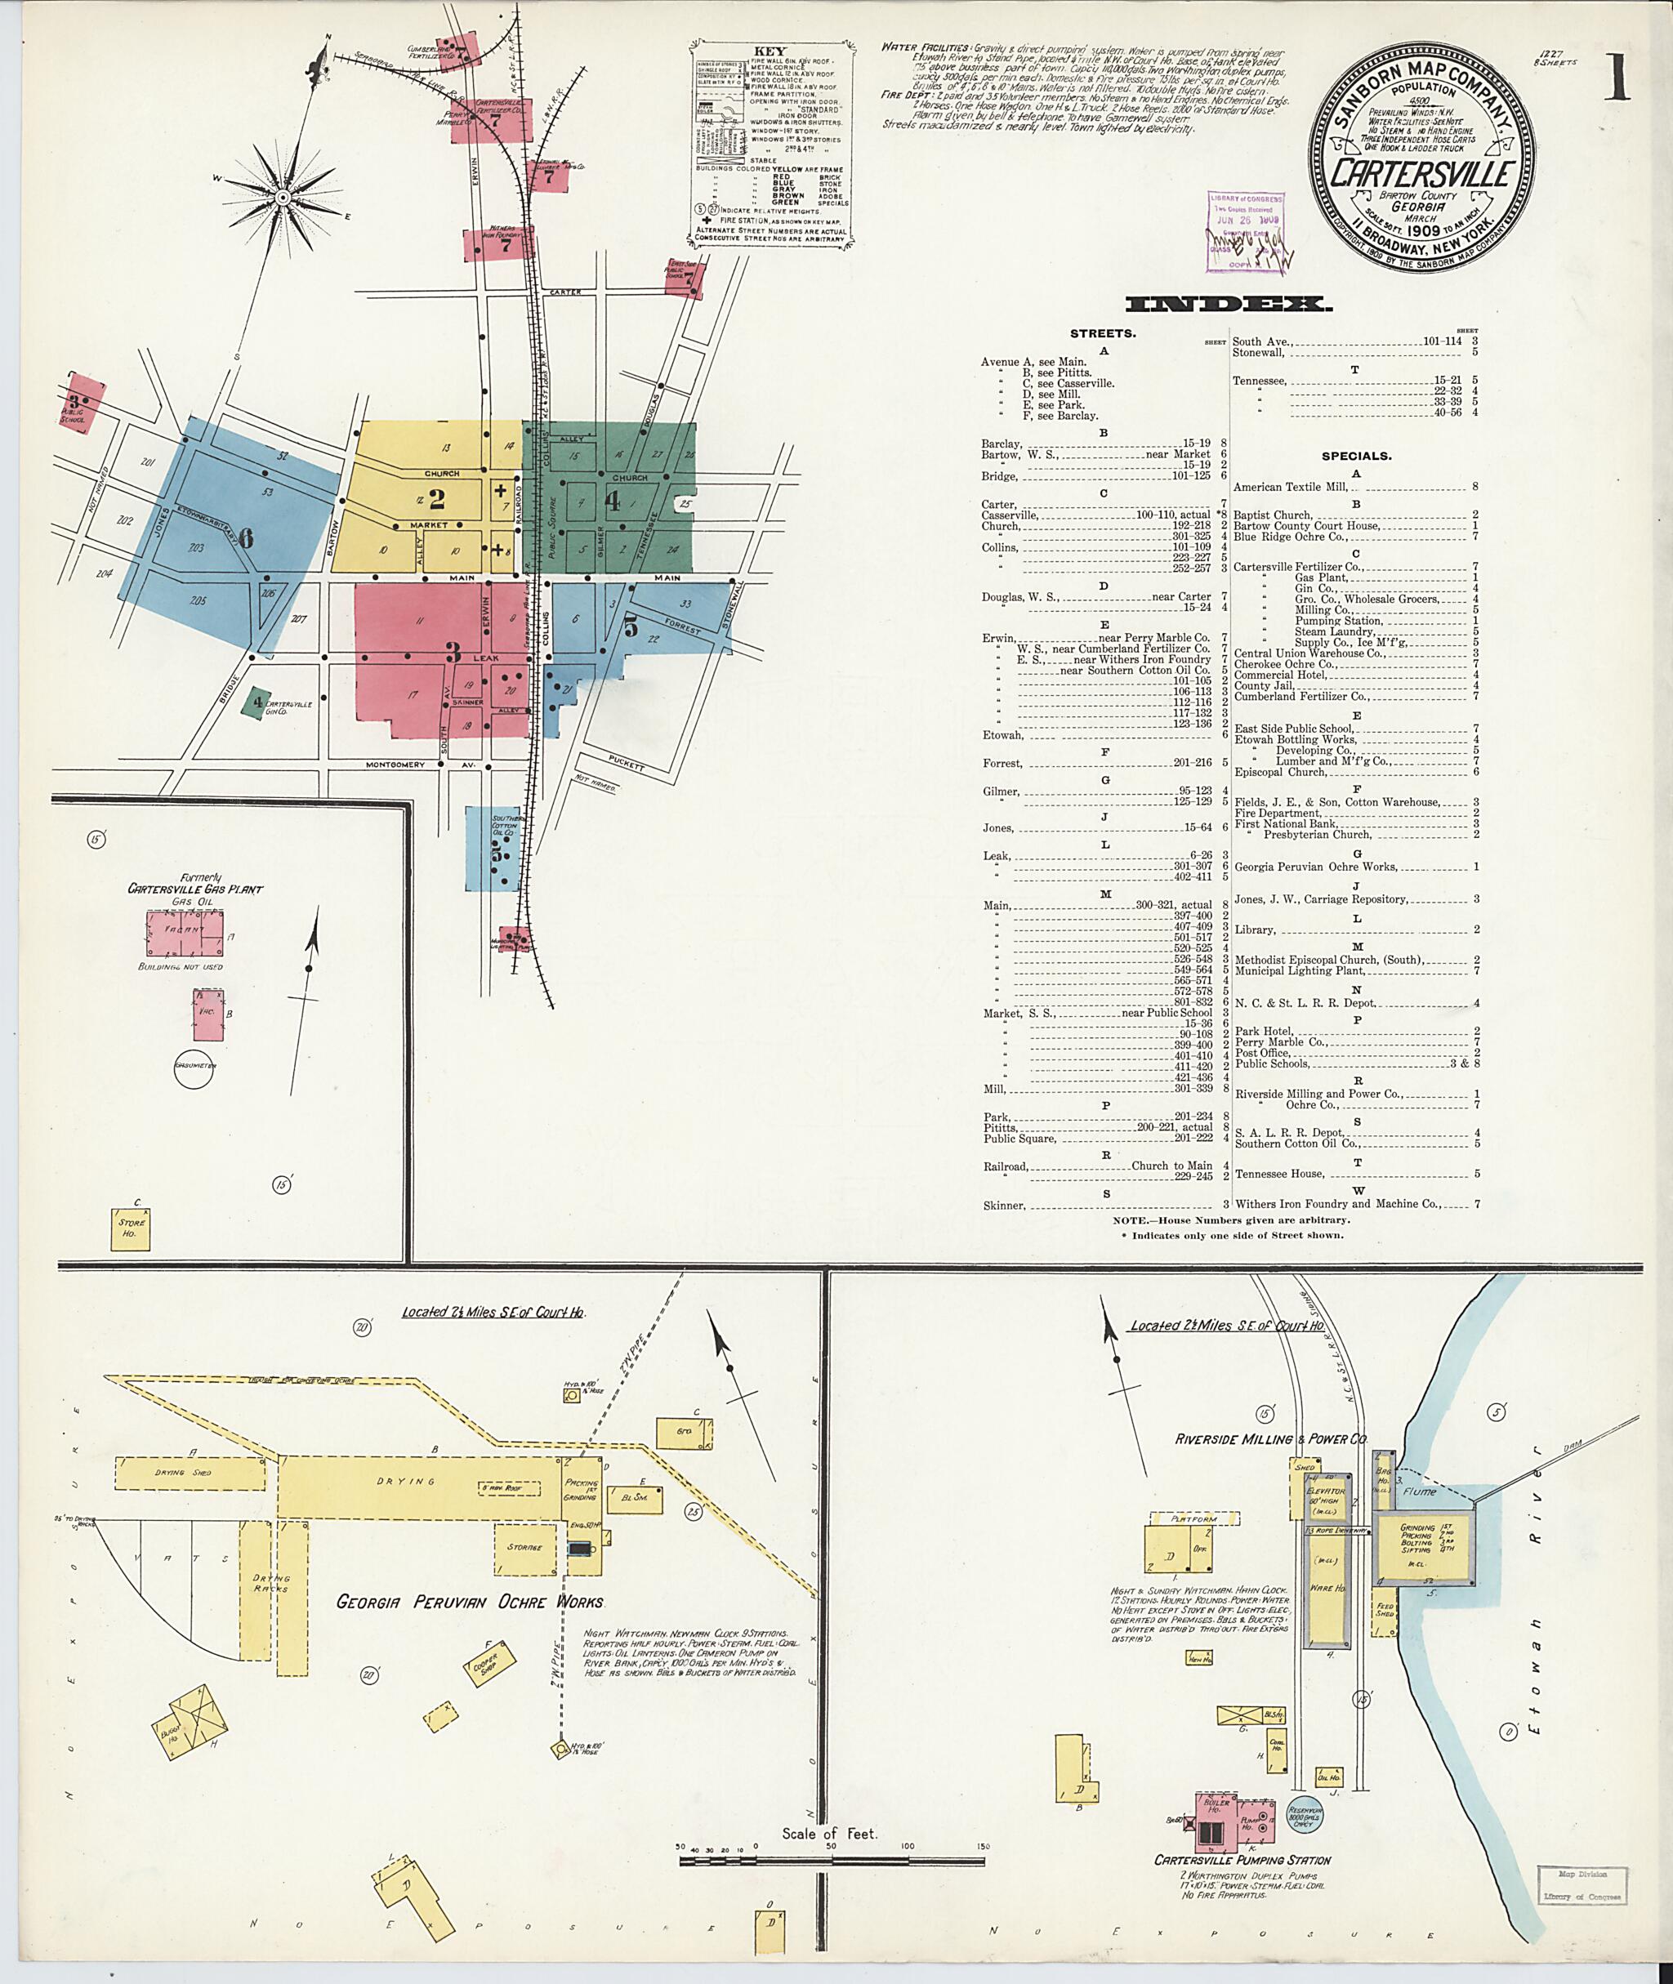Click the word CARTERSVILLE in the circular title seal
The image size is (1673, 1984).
pyautogui.click(x=1420, y=173)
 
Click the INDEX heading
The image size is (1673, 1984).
pyautogui.click(x=1228, y=305)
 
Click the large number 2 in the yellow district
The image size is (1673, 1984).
pyautogui.click(x=436, y=498)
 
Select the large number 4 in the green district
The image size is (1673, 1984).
pyautogui.click(x=613, y=500)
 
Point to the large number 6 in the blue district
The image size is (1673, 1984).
pyautogui.click(x=246, y=537)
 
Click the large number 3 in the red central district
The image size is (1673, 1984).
pyautogui.click(x=453, y=653)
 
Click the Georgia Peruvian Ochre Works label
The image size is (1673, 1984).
pyautogui.click(x=470, y=1602)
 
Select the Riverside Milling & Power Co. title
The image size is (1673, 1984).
pyautogui.click(x=1271, y=1438)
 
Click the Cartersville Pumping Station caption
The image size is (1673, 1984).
pyautogui.click(x=1242, y=1860)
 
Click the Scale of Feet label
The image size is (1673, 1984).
pyautogui.click(x=830, y=1833)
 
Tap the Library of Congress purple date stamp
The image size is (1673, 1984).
pyautogui.click(x=1244, y=230)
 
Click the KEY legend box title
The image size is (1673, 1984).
pyautogui.click(x=770, y=51)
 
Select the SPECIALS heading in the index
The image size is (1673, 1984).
pyautogui.click(x=1356, y=456)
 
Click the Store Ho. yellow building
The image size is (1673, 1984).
pyautogui.click(x=130, y=1228)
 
